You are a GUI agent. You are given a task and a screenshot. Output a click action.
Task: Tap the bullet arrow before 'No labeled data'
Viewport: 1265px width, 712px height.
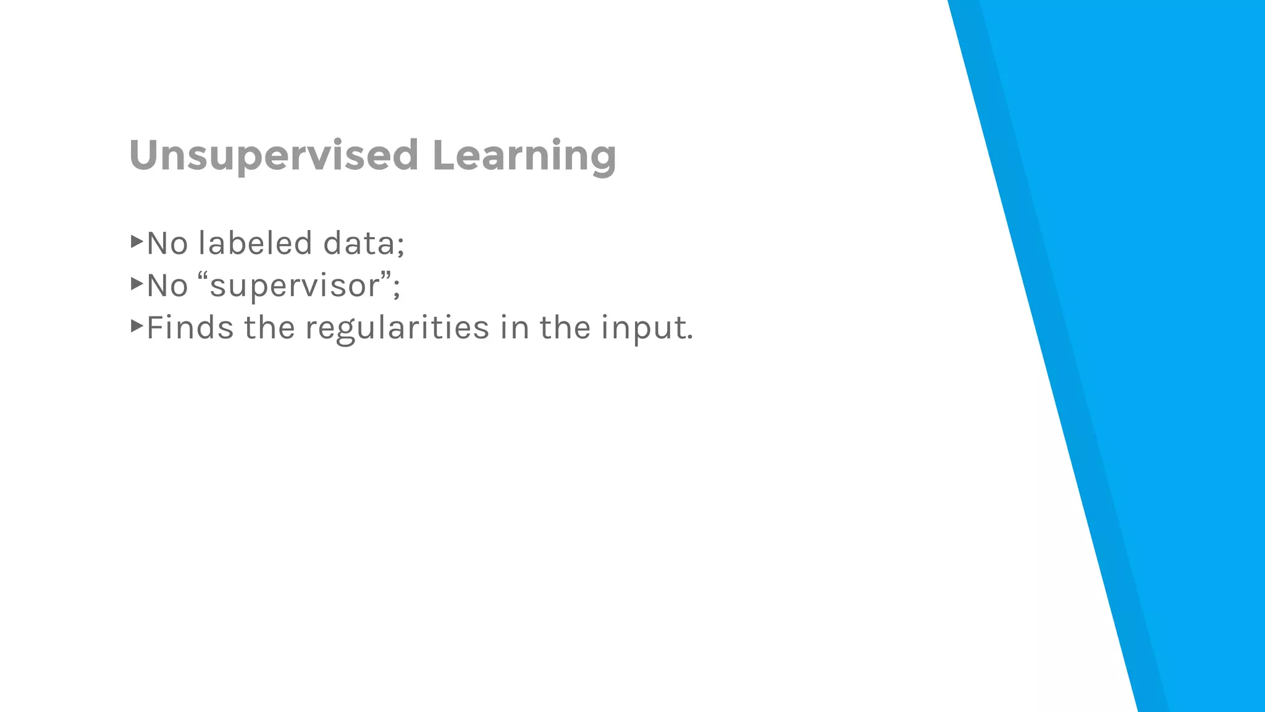coord(137,241)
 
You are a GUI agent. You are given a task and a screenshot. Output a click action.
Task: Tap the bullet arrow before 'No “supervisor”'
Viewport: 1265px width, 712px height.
coord(137,284)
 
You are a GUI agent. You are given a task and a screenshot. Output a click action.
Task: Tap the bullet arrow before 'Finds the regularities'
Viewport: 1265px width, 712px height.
coord(137,326)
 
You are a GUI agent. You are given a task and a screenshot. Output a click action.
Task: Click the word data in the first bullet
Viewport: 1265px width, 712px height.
coord(359,243)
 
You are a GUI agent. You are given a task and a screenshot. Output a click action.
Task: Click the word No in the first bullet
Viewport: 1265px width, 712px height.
coord(167,243)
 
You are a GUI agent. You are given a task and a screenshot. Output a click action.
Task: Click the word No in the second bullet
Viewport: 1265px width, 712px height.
coord(167,286)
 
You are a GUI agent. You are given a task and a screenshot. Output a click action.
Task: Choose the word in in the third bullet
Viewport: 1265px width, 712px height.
coord(515,327)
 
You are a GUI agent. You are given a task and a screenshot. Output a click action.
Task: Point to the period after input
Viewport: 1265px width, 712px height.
coord(690,338)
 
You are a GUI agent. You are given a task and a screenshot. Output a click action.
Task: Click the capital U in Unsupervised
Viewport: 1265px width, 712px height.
coord(143,155)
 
